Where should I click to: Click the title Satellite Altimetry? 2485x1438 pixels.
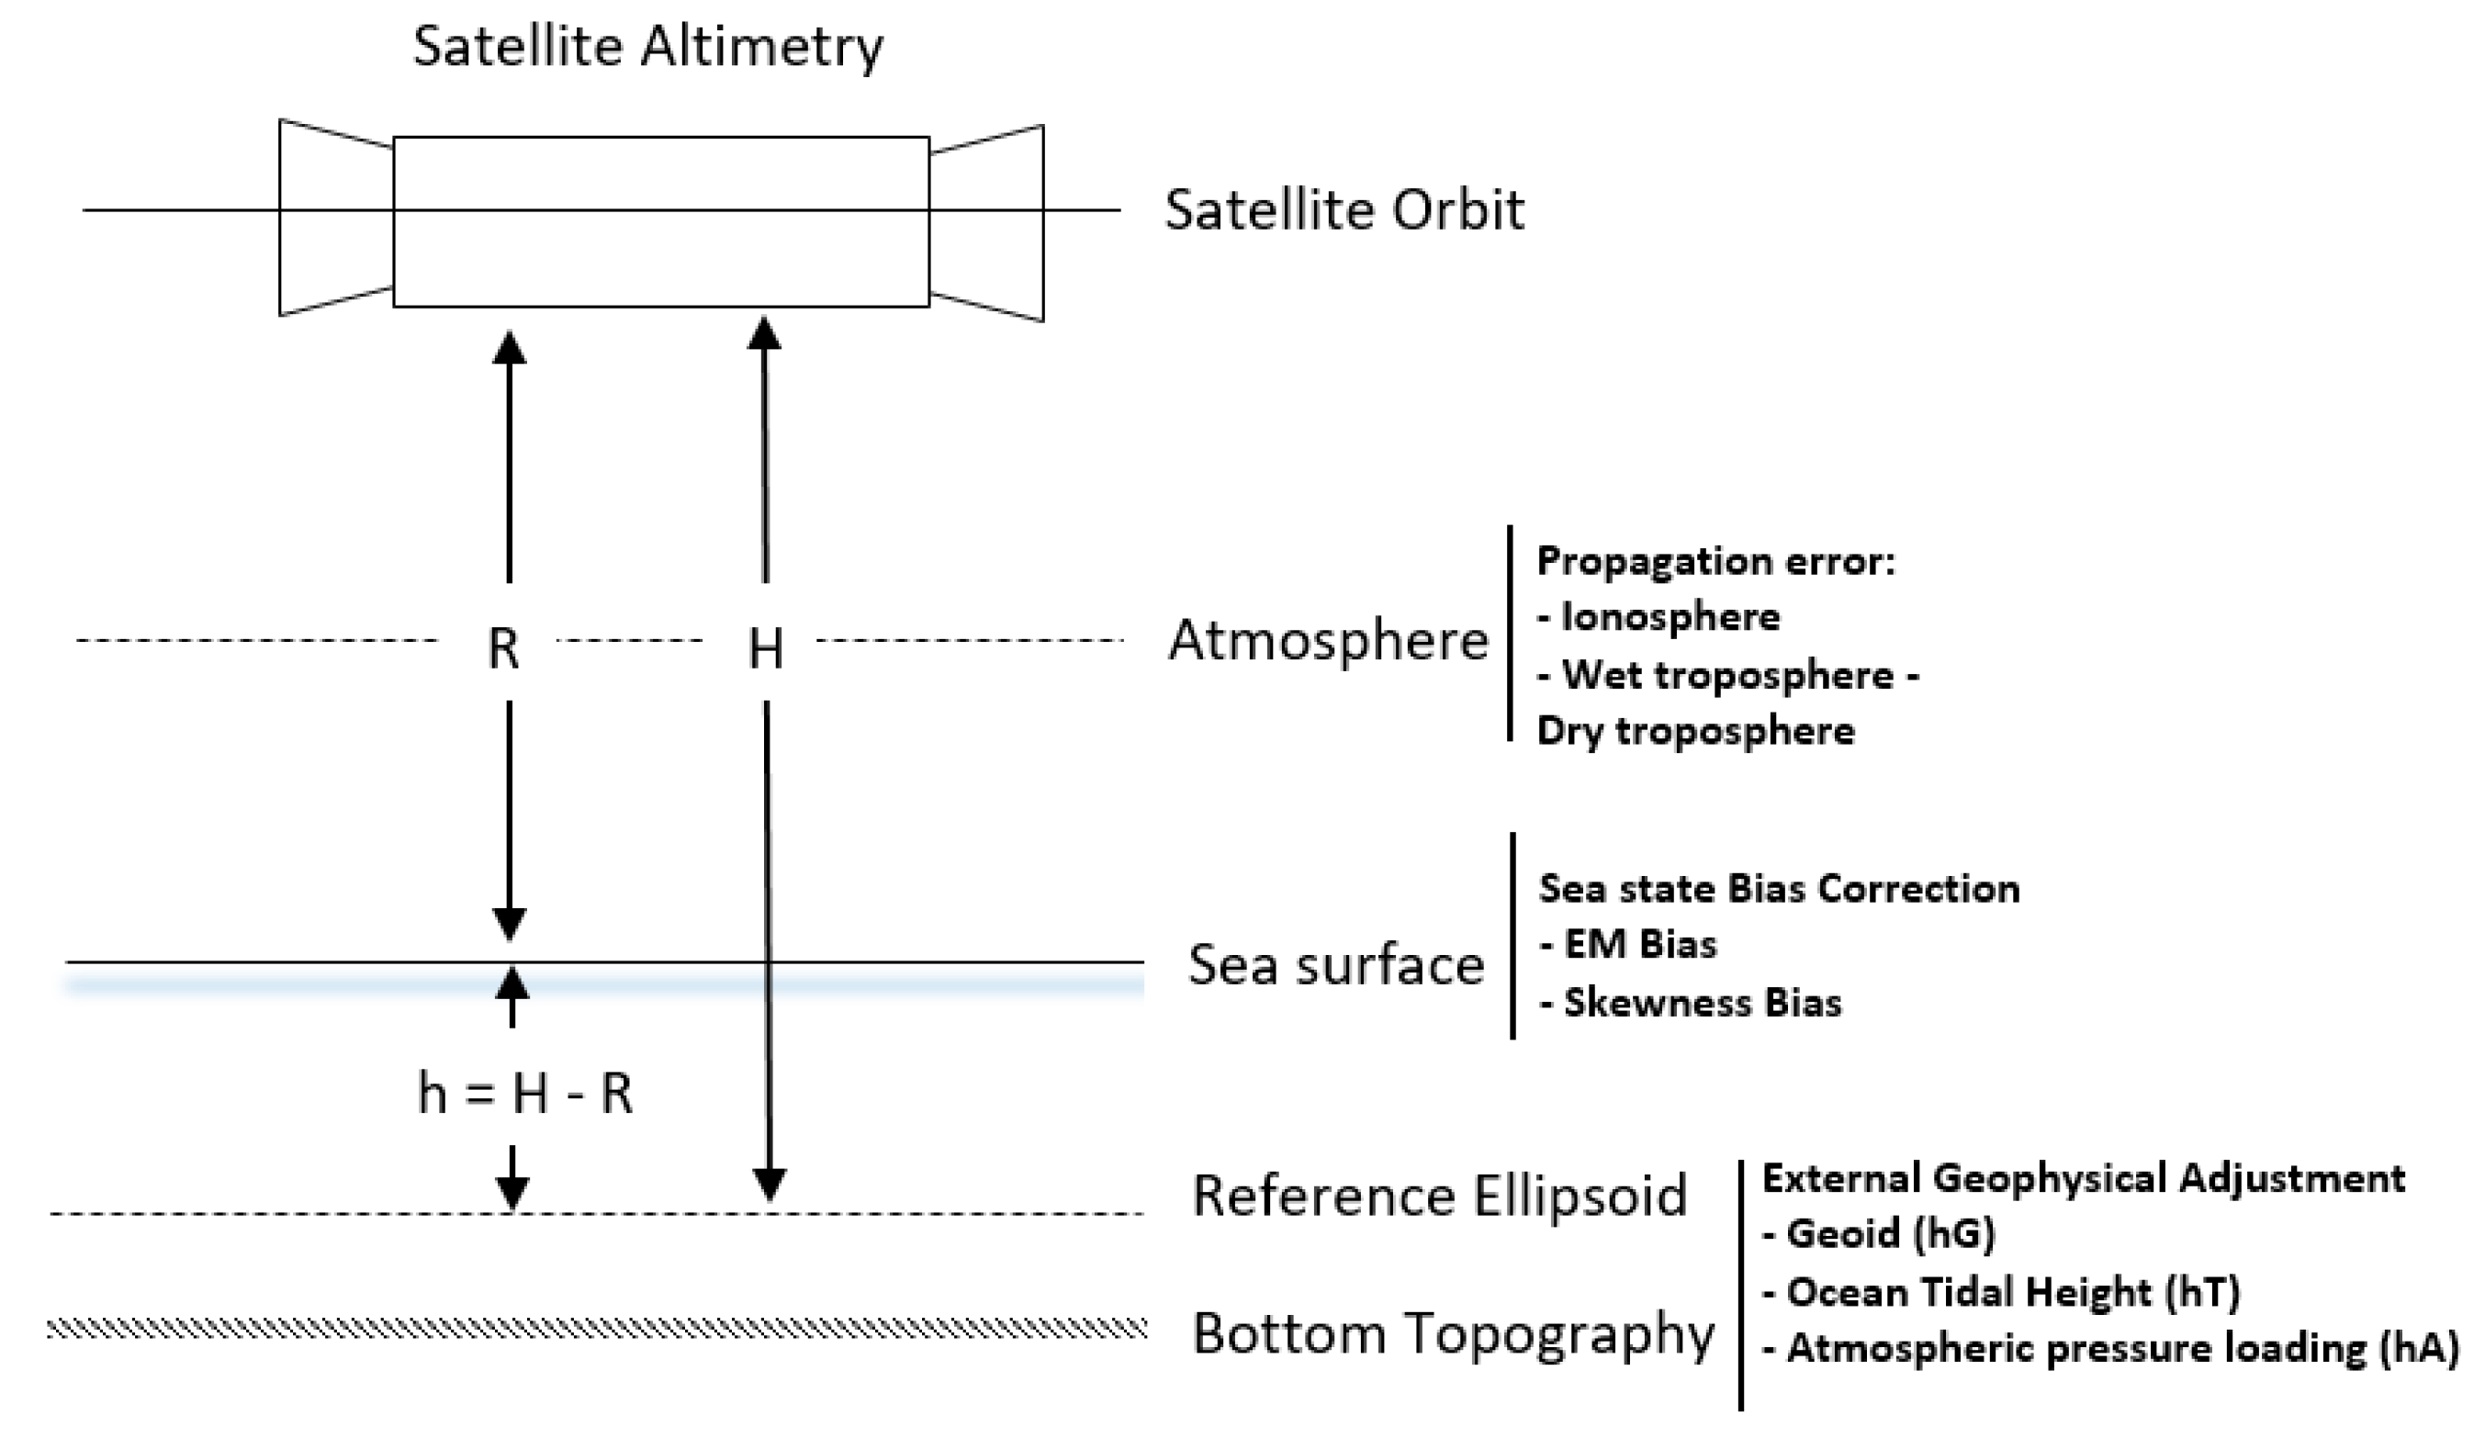point(647,46)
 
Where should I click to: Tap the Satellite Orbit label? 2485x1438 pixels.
point(1344,210)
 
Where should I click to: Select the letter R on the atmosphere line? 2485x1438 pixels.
point(503,648)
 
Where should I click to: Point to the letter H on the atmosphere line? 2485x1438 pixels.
point(766,649)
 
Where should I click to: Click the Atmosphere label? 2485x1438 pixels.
point(1327,641)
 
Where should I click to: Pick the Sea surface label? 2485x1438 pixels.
point(1335,964)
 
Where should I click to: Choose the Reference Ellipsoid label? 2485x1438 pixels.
point(1439,1196)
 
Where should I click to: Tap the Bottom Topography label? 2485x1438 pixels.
point(1453,1334)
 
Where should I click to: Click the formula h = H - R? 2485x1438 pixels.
point(524,1093)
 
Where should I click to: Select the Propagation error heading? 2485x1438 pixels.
point(1715,561)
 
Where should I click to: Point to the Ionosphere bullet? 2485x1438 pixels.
point(1659,617)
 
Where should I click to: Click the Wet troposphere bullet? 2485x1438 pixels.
point(1727,676)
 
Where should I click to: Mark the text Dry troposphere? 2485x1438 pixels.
point(1695,731)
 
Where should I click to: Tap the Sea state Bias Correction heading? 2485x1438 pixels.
point(1779,889)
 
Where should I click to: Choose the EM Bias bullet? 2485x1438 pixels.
point(1628,945)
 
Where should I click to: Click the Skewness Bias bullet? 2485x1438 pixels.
point(1691,1003)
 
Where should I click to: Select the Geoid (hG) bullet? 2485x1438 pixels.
point(1879,1234)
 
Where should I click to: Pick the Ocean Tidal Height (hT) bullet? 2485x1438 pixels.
point(2001,1292)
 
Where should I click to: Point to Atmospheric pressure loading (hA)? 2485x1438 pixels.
point(2110,1349)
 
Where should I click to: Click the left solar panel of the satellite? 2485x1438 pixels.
point(335,218)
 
